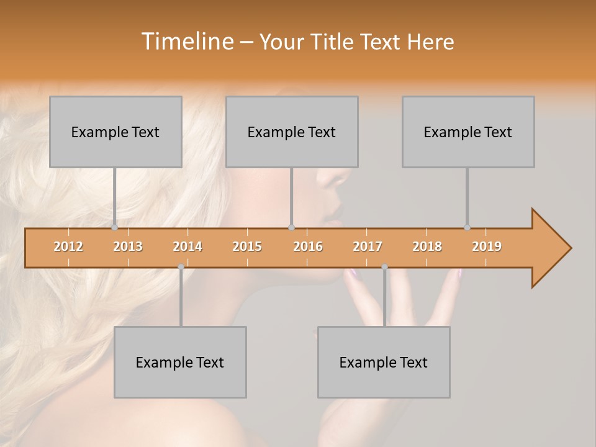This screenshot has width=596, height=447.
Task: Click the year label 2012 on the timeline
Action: click(x=68, y=246)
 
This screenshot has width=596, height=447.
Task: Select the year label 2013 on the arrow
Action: click(x=128, y=246)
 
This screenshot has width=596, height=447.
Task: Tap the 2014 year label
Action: click(x=187, y=246)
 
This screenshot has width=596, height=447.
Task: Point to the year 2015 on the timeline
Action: click(x=247, y=246)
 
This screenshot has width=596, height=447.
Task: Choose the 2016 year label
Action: click(x=308, y=246)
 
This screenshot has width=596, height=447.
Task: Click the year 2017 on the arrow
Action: click(x=368, y=246)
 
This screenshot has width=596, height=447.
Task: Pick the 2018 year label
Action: click(x=427, y=246)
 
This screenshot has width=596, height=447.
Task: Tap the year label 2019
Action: click(x=487, y=246)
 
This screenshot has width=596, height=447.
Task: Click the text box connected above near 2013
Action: click(x=115, y=132)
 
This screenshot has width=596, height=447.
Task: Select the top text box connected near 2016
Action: click(x=292, y=132)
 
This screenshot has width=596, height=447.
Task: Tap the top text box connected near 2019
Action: click(x=468, y=132)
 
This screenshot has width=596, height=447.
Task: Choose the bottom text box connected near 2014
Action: click(x=180, y=362)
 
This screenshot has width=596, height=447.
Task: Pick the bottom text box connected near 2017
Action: click(x=384, y=362)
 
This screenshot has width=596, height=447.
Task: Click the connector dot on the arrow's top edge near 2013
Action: click(x=115, y=227)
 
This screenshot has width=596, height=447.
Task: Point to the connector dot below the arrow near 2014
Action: click(x=181, y=267)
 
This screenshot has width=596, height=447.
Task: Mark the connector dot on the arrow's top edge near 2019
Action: click(x=467, y=227)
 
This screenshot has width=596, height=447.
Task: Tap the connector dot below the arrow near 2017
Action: click(x=384, y=267)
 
